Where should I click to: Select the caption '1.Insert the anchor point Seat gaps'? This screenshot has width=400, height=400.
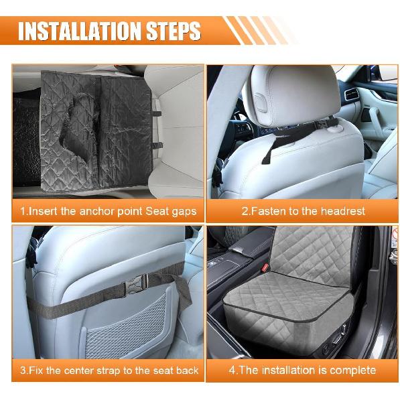point(108,211)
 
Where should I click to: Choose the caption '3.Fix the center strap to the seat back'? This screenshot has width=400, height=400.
point(108,370)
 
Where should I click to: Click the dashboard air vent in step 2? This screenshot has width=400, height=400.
point(352,93)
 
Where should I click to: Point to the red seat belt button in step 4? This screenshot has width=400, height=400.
point(266,267)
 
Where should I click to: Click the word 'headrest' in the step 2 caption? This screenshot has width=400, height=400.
point(341,211)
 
